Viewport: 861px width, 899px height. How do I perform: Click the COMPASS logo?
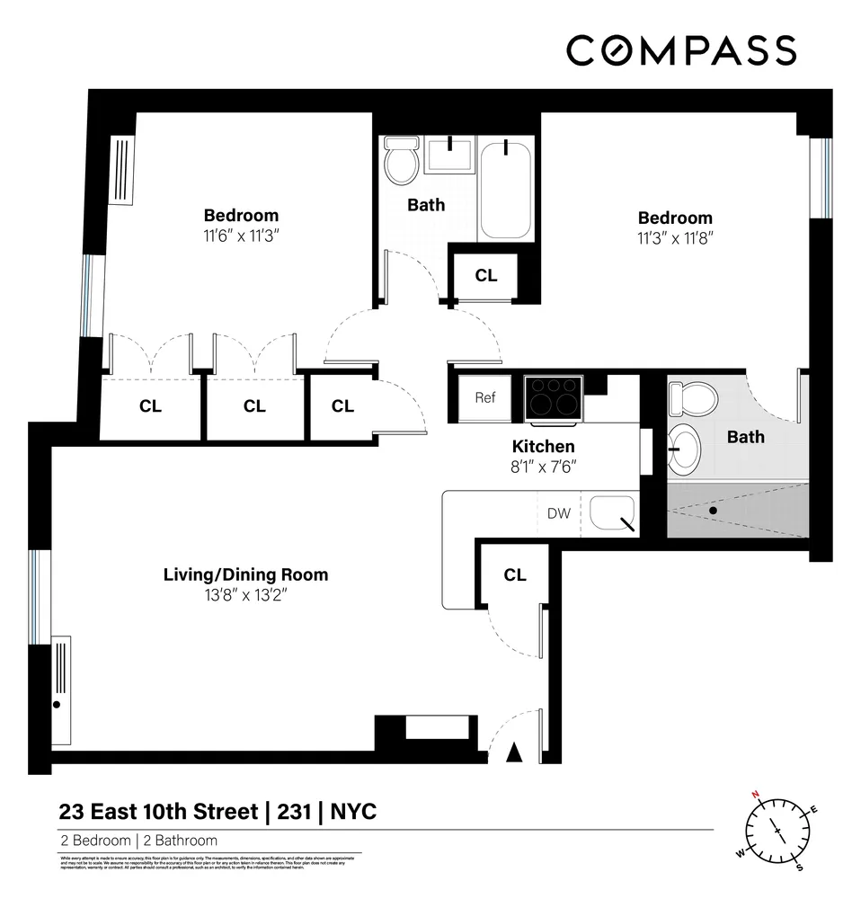click(x=680, y=50)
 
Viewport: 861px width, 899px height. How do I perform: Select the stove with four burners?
click(x=553, y=397)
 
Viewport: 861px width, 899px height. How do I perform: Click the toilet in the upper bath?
click(x=400, y=160)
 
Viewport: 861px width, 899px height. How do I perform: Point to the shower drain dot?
click(x=713, y=511)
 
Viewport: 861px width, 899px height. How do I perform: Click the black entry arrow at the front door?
click(x=515, y=752)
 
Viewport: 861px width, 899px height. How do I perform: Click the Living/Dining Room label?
click(x=245, y=574)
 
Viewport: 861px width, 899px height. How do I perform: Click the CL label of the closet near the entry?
click(x=514, y=575)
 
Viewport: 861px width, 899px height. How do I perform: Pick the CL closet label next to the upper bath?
click(x=485, y=276)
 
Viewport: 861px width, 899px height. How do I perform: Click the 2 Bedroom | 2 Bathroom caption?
click(x=139, y=841)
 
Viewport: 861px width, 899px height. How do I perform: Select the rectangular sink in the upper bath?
click(x=448, y=154)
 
